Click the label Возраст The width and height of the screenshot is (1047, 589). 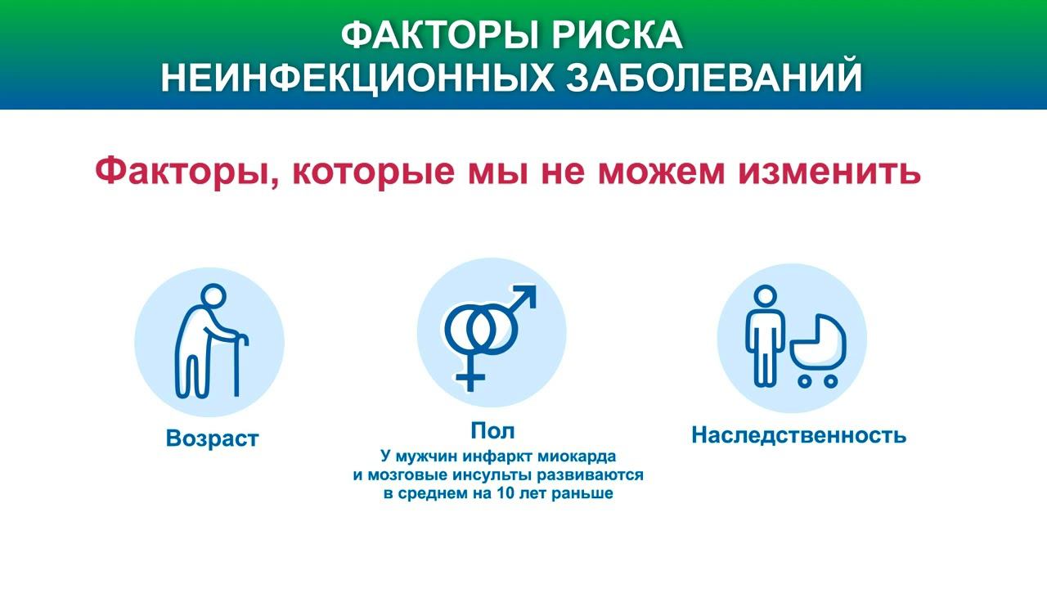[212, 438]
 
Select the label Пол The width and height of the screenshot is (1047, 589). [492, 431]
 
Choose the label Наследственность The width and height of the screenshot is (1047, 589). [798, 435]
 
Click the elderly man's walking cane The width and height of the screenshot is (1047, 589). [237, 364]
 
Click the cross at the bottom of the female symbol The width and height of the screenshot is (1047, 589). [470, 378]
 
